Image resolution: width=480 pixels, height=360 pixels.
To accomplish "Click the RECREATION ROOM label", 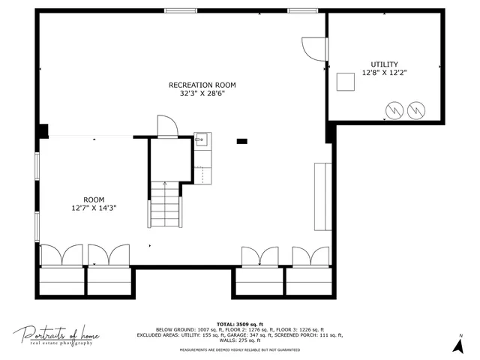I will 202,85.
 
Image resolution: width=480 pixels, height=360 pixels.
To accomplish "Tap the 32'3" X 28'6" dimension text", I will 202,94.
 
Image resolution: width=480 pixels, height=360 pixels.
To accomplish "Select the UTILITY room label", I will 384,64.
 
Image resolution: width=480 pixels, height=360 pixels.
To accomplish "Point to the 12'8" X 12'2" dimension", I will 384,73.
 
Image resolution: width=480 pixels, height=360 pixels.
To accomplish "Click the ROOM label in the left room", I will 94,199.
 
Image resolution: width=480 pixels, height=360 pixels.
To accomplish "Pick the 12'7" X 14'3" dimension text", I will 94,208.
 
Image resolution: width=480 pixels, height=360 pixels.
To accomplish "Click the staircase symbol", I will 164,205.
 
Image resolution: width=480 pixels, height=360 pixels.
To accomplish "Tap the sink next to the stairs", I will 201,139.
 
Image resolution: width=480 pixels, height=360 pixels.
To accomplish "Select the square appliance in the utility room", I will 345,81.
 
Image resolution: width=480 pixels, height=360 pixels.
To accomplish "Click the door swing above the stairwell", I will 166,126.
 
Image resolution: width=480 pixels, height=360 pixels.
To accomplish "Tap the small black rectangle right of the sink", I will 241,141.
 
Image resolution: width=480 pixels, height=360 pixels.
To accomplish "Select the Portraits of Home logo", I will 56,335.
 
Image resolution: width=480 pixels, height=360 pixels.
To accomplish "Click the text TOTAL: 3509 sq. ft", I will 239,322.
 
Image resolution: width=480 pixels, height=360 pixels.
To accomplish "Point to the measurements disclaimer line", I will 239,350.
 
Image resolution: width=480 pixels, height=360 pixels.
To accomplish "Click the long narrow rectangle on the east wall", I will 323,196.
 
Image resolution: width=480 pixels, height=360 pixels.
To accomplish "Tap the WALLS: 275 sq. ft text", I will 239,340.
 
